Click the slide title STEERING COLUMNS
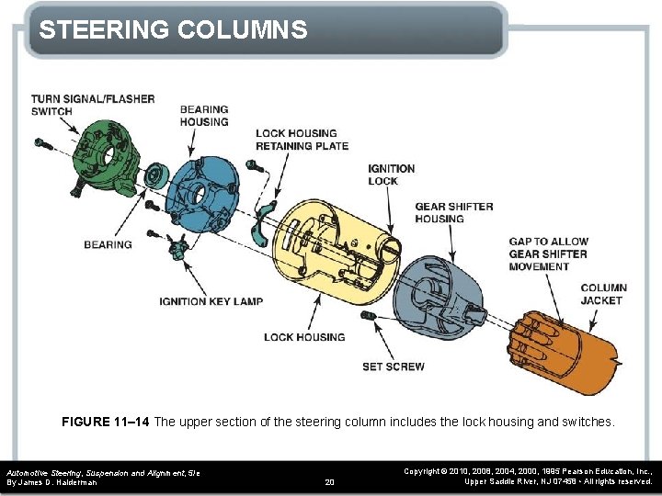[x=173, y=30]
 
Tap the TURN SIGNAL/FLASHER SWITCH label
[x=92, y=105]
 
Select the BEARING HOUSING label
[x=204, y=115]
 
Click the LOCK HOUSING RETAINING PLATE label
[x=302, y=140]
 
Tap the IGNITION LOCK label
[x=391, y=175]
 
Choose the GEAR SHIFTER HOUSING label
[x=453, y=212]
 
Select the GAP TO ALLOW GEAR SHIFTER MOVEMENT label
[x=548, y=254]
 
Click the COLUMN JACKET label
[x=603, y=294]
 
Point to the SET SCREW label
[x=393, y=366]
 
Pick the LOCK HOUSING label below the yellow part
[x=303, y=337]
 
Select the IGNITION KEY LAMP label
[x=211, y=301]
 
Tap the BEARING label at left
[x=108, y=244]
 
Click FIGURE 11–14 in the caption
[x=105, y=422]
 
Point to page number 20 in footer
[x=331, y=481]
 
